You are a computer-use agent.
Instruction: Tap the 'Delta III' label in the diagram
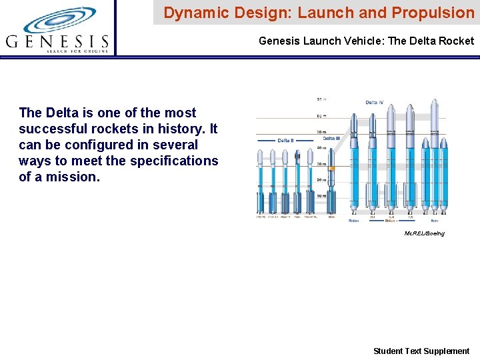pyautogui.click(x=333, y=139)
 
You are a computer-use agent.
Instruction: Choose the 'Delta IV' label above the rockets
pyautogui.click(x=375, y=103)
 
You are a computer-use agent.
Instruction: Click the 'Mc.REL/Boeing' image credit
pyautogui.click(x=424, y=233)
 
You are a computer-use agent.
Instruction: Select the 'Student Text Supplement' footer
pyautogui.click(x=421, y=351)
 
